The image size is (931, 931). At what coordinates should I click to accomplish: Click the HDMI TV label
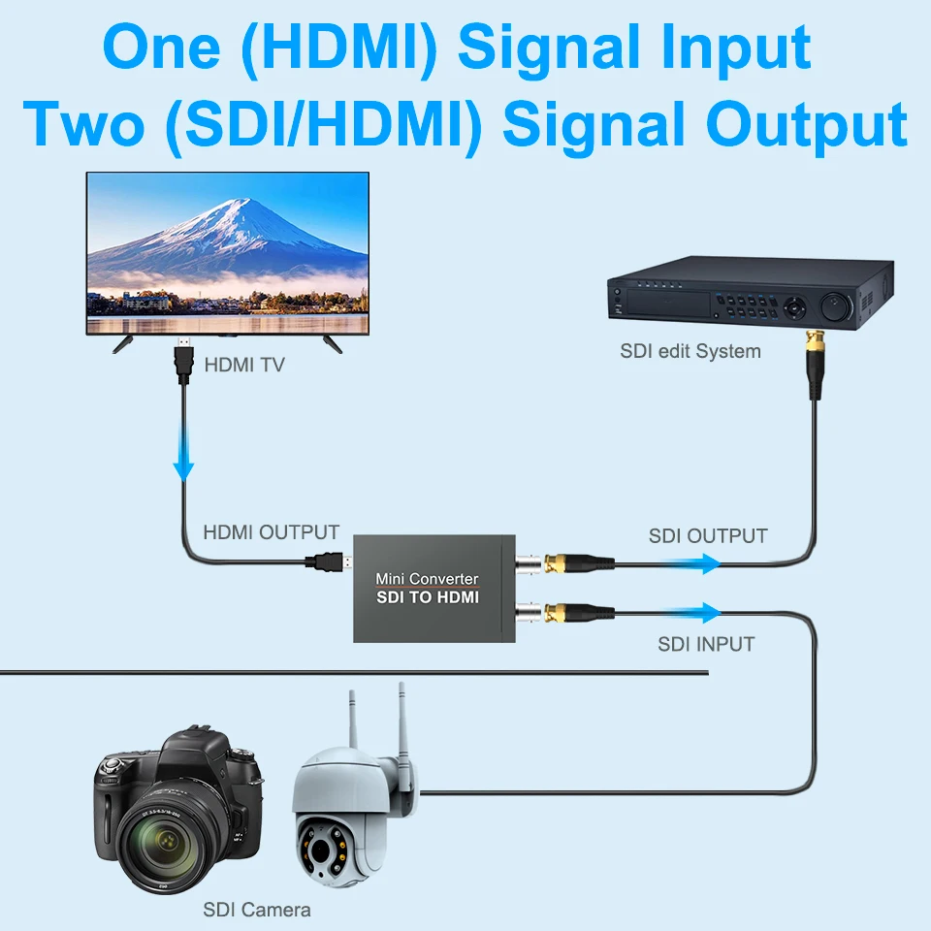pos(244,367)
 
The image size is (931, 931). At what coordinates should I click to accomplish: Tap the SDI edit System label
pos(690,351)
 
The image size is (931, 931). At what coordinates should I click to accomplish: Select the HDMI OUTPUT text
pos(271,532)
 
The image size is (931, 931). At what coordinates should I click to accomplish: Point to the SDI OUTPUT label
pos(708,536)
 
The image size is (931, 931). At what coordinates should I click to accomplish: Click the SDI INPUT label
pos(706,644)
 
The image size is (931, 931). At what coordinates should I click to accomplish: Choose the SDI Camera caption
pos(257,910)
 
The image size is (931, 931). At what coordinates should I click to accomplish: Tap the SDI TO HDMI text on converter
pos(428,598)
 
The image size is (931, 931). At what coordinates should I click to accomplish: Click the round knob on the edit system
pos(837,308)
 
